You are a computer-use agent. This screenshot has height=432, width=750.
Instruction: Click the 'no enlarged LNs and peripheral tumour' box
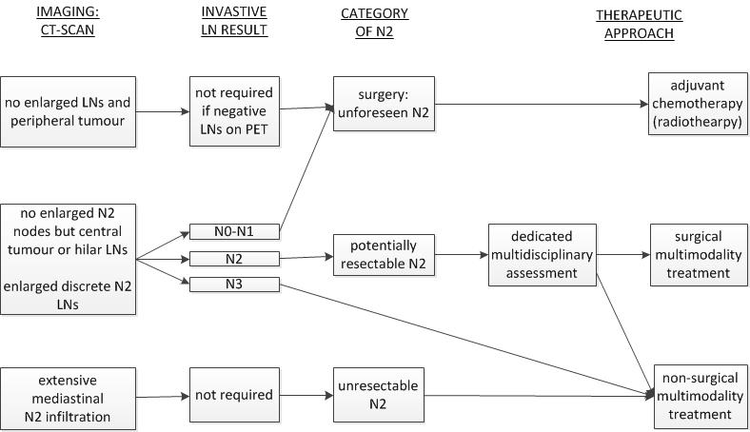(x=68, y=111)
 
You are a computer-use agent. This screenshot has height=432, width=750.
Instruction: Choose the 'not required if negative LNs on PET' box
(x=234, y=112)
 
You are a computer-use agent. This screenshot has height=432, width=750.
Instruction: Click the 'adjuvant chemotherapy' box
(x=695, y=104)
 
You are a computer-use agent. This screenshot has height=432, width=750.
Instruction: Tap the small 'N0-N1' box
(x=234, y=231)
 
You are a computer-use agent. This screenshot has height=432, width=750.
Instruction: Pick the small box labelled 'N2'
(x=234, y=258)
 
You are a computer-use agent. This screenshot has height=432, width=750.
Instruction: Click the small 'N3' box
(x=234, y=284)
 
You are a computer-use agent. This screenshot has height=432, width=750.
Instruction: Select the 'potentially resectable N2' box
(x=384, y=255)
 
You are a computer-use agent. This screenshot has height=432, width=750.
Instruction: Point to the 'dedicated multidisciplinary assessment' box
(x=542, y=255)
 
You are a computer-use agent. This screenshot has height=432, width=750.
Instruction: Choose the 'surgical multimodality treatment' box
(x=695, y=254)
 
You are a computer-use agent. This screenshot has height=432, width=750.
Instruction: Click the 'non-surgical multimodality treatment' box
(x=701, y=396)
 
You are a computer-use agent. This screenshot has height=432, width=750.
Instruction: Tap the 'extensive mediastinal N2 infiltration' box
(x=68, y=399)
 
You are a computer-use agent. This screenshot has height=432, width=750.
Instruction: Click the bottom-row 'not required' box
(x=234, y=395)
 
